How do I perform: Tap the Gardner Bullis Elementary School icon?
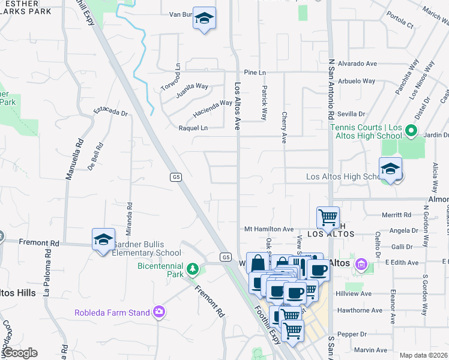click(x=103, y=239)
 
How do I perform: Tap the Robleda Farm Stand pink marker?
click(x=158, y=311)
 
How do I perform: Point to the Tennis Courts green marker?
click(x=411, y=130)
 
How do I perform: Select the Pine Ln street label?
click(x=255, y=72)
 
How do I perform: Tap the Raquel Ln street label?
click(x=193, y=128)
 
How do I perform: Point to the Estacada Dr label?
click(x=111, y=112)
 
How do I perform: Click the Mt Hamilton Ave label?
click(x=269, y=229)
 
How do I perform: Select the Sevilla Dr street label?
click(x=351, y=113)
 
